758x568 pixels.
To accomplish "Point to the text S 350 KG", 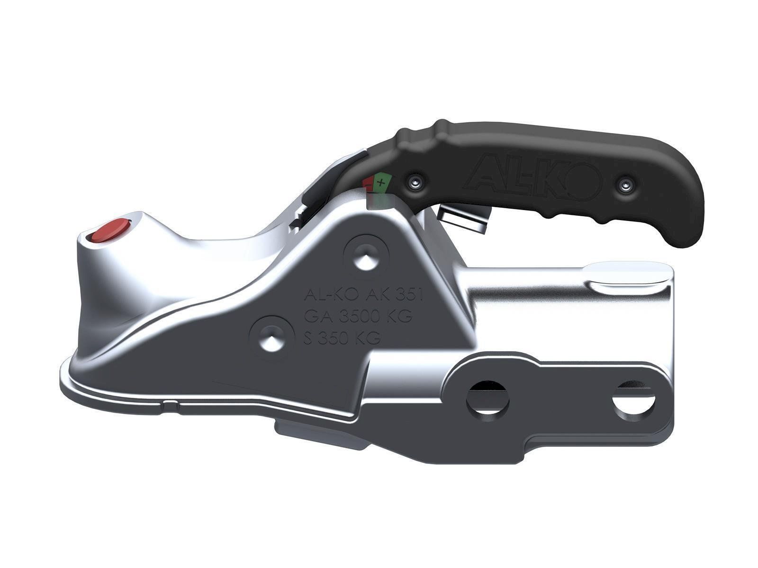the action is (x=342, y=337).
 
